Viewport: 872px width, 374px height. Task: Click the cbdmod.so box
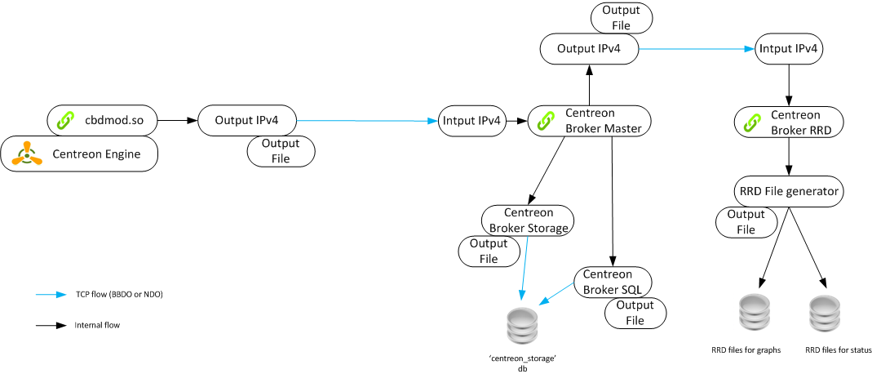coord(102,121)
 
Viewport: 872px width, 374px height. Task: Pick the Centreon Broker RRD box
coord(788,122)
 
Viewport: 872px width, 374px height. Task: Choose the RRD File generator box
coord(788,192)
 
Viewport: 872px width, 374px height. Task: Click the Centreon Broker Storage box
coord(528,220)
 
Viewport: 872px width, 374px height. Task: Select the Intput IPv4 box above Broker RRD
coord(788,49)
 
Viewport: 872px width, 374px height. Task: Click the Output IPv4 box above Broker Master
coord(588,49)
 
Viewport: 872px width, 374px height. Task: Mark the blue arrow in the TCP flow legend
coord(51,295)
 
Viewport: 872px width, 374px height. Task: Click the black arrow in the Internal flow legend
coord(51,325)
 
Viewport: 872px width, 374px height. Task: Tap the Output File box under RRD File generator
coord(746,222)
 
